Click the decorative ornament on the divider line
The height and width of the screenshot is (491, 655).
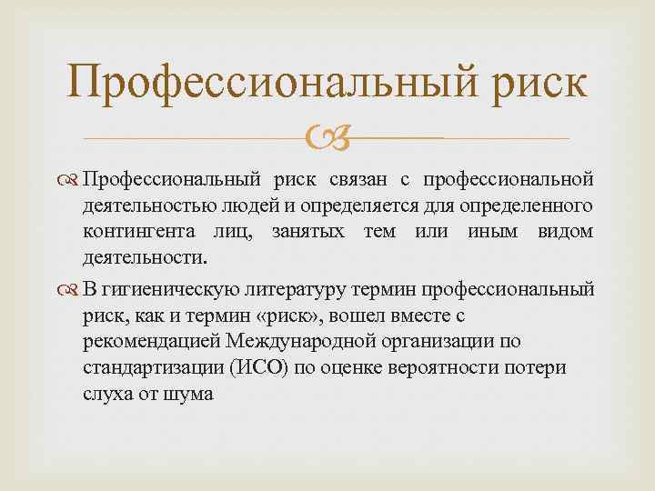click(x=327, y=139)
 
